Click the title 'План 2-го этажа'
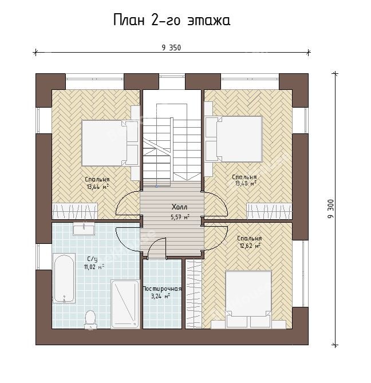click(172, 20)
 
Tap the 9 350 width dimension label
click(171, 48)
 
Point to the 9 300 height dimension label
click(330, 209)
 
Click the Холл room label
click(180, 207)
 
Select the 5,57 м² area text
click(180, 216)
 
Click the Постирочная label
click(162, 289)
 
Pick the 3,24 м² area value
click(160, 297)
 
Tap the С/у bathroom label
click(92, 259)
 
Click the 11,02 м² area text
click(94, 266)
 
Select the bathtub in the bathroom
click(64, 278)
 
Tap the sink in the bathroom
click(84, 229)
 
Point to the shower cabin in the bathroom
click(125, 304)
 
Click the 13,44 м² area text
click(98, 187)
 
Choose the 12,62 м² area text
click(250, 246)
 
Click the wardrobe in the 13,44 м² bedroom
click(75, 211)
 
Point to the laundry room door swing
click(156, 247)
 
